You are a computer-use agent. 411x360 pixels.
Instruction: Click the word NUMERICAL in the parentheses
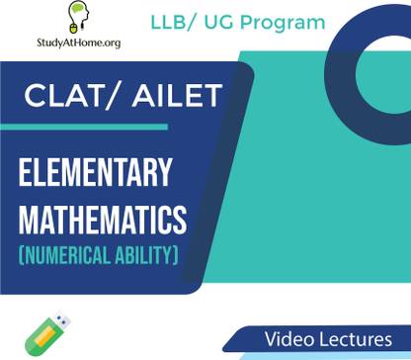(x=68, y=256)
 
